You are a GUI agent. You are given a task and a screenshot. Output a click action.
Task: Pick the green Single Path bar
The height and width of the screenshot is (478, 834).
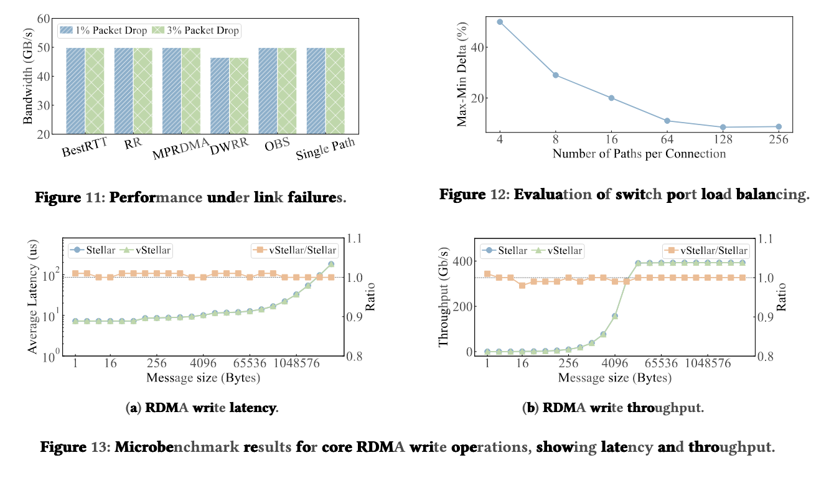click(x=335, y=91)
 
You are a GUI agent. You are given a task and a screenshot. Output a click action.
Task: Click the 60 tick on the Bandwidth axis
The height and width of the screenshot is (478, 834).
click(x=42, y=19)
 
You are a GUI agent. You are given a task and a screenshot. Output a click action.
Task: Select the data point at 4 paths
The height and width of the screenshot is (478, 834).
click(x=500, y=22)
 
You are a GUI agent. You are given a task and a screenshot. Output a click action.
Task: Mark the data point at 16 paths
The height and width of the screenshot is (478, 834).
click(x=611, y=98)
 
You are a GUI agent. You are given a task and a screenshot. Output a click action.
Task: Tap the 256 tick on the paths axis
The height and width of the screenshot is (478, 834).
click(x=778, y=139)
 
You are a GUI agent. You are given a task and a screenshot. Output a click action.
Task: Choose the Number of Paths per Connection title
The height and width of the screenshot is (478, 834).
click(x=639, y=154)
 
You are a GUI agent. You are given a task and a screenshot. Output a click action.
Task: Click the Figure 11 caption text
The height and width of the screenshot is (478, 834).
click(x=190, y=198)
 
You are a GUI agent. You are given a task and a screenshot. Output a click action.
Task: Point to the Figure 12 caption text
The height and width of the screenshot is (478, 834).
click(x=624, y=194)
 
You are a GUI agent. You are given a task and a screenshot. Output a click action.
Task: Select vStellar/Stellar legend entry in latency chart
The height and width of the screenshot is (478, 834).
click(x=296, y=250)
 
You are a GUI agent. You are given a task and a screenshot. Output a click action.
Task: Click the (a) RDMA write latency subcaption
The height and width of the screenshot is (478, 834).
click(x=202, y=408)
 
